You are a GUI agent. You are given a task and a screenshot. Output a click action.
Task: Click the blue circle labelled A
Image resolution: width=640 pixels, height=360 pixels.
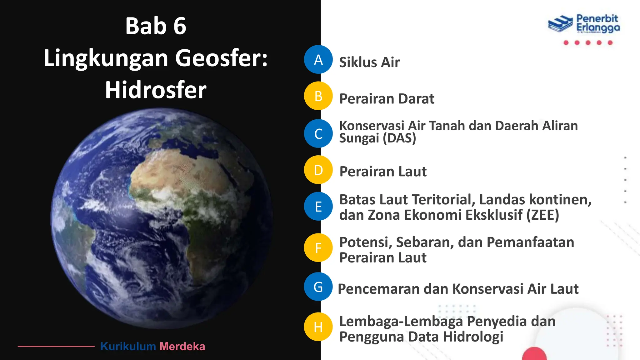pos(318,59)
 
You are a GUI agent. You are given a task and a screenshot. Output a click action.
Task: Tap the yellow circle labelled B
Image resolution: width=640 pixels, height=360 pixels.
pos(318,96)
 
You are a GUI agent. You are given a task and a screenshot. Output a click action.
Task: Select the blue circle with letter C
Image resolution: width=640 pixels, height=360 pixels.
pos(318,133)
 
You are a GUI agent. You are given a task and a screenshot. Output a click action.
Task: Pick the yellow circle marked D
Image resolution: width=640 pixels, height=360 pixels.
pos(318,170)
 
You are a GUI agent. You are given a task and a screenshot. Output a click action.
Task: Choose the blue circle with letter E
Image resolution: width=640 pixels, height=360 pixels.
pos(318,206)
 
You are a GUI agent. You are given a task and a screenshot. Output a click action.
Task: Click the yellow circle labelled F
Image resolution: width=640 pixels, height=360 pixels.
pos(318,248)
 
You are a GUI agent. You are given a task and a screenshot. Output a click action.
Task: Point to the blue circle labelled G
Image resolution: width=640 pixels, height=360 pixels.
pos(318,287)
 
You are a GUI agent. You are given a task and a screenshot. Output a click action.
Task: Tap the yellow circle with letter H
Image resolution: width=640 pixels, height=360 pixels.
pos(318,327)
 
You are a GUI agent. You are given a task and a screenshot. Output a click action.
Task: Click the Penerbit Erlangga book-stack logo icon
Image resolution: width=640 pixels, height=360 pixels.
pos(560,23)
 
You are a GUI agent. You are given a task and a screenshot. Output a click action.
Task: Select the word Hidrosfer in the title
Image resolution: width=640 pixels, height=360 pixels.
pos(156,90)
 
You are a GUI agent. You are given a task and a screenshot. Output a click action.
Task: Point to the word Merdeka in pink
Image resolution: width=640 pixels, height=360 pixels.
pos(182,346)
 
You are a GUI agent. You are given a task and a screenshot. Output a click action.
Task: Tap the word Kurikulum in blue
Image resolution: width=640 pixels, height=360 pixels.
pos(128,346)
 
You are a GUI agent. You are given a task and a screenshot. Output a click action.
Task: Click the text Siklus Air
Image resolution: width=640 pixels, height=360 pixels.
pos(369,62)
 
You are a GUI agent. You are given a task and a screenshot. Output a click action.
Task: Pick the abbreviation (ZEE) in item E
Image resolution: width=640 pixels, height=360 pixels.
pos(542,215)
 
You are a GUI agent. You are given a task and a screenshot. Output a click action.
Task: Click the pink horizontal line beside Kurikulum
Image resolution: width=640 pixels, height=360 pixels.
pos(56,346)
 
